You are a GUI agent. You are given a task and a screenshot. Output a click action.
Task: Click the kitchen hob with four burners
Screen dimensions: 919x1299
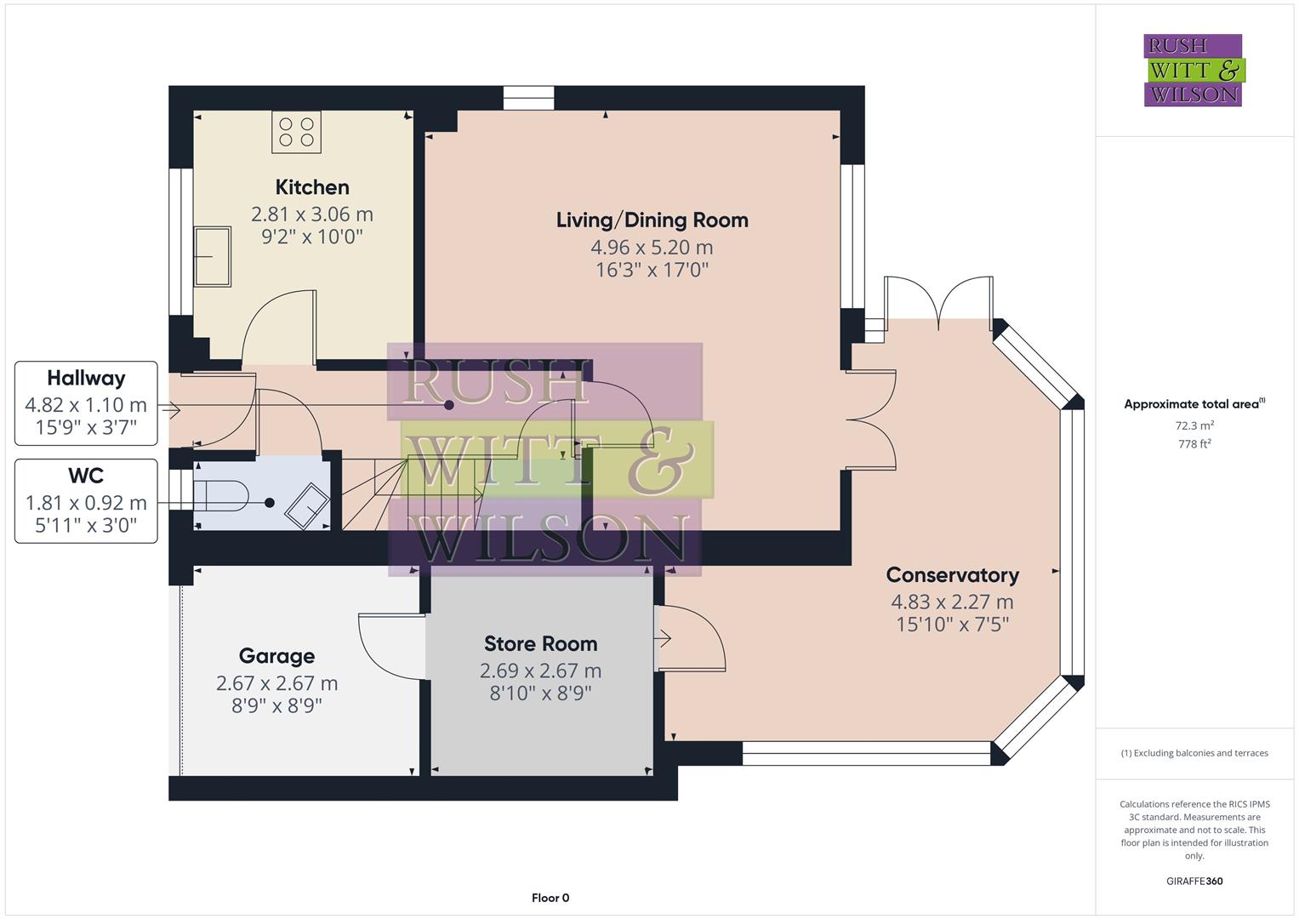296,133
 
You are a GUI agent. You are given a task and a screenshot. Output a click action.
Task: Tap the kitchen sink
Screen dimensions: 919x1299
212,256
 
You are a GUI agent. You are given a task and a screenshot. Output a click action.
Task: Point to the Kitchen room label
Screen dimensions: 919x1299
312,187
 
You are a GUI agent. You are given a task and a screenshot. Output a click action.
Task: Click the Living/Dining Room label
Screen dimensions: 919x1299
652,220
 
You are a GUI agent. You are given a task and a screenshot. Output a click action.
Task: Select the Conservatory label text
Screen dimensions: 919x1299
952,575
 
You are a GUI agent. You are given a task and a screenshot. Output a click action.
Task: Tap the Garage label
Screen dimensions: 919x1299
276,656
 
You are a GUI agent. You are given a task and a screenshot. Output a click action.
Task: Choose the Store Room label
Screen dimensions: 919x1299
540,644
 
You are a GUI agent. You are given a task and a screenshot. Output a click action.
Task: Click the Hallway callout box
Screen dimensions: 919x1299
86,403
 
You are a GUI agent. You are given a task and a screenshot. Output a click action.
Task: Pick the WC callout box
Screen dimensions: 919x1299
86,500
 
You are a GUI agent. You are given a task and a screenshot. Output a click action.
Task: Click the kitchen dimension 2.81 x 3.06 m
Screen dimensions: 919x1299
312,214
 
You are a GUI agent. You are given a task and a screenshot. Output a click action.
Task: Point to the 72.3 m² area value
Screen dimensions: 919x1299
1194,425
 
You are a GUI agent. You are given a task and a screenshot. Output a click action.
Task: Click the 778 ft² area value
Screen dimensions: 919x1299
1194,444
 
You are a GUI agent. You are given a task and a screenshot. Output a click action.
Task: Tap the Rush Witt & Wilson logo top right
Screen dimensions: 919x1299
1193,71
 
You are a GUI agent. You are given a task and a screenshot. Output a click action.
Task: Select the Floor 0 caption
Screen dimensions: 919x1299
550,898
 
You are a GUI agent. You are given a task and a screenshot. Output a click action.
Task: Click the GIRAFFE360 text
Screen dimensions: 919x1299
1194,881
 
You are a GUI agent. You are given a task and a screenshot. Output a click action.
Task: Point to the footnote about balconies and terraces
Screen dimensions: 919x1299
1194,753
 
